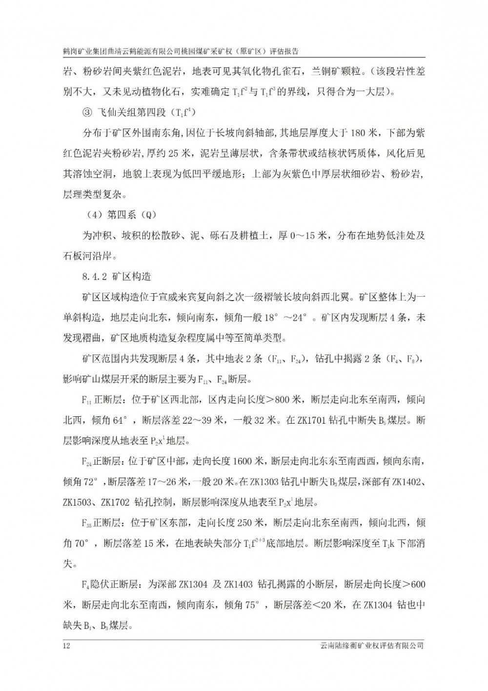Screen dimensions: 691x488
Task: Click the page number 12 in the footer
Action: (67, 646)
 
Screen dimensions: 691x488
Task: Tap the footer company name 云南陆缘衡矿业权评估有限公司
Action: (370, 646)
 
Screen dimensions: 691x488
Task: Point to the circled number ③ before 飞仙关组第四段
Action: (86, 112)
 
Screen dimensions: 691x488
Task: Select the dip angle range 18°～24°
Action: (280, 318)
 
